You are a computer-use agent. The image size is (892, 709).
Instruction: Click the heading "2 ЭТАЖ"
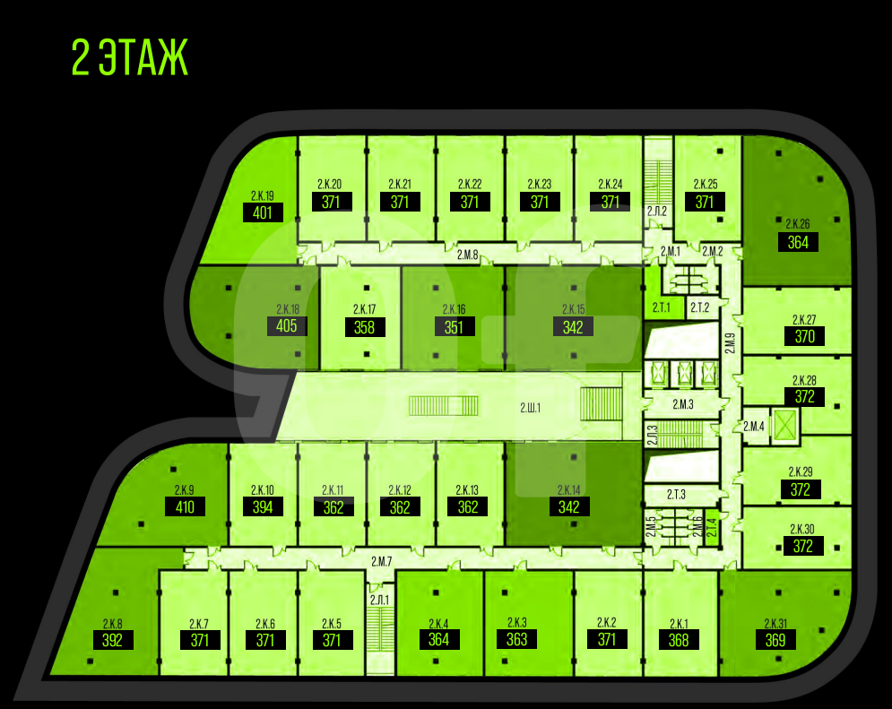coord(130,56)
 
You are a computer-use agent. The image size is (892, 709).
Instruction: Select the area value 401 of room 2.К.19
coord(263,212)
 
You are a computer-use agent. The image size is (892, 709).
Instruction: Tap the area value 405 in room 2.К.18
coord(287,324)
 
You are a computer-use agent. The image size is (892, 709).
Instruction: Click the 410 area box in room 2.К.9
coord(185,507)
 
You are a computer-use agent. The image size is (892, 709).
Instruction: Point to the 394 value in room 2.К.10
coord(263,507)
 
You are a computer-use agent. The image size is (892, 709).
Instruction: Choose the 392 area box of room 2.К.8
coord(112,640)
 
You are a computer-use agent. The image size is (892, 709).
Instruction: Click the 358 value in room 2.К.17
coord(364,327)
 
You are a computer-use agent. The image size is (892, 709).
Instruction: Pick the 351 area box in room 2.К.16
coord(455,327)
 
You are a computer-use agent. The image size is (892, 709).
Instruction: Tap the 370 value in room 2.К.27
coord(804,337)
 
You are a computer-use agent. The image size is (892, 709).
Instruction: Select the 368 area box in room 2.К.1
coord(679,640)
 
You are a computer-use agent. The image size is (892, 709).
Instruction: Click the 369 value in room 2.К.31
coord(775,640)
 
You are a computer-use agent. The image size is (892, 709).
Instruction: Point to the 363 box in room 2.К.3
coord(516,639)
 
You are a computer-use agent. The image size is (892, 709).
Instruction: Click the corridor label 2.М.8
coord(467,255)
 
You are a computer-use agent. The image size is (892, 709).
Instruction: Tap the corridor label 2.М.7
coord(382,561)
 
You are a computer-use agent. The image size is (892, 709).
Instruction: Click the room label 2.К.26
coord(798,224)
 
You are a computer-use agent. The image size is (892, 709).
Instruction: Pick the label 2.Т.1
coord(662,307)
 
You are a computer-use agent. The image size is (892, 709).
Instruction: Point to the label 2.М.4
coord(754,427)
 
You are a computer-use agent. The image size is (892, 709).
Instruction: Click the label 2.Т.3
coord(675,494)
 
